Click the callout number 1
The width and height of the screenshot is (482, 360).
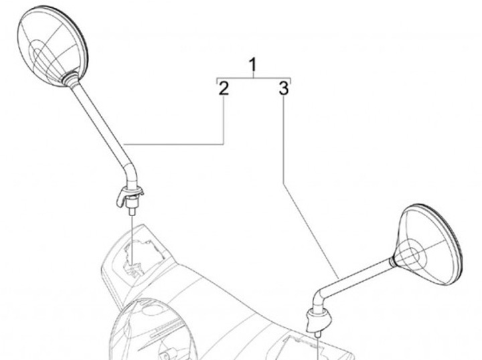252,65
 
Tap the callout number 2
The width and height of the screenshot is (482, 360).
224,88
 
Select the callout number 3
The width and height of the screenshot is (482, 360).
284,88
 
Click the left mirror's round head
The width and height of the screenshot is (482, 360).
52,46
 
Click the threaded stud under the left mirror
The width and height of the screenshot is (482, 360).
133,211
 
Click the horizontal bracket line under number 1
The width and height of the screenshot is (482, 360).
254,78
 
